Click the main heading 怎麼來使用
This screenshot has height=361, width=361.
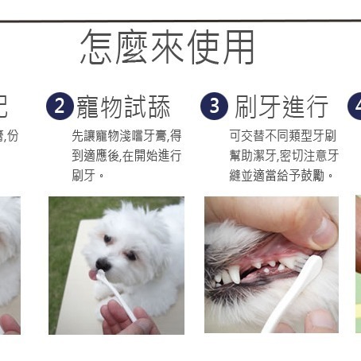tap(168, 47)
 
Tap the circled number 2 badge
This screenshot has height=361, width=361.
tap(59, 106)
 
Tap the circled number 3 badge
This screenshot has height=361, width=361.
tap(213, 106)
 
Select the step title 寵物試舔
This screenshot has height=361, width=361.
tap(134, 107)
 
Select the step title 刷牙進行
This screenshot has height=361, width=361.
tap(281, 106)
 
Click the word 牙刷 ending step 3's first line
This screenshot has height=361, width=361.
tap(328, 135)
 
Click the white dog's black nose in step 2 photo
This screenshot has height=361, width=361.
tap(103, 263)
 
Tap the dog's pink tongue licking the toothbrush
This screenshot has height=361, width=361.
tap(92, 274)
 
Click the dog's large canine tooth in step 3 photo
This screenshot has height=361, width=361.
tap(235, 276)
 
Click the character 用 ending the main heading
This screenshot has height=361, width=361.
tap(238, 47)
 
